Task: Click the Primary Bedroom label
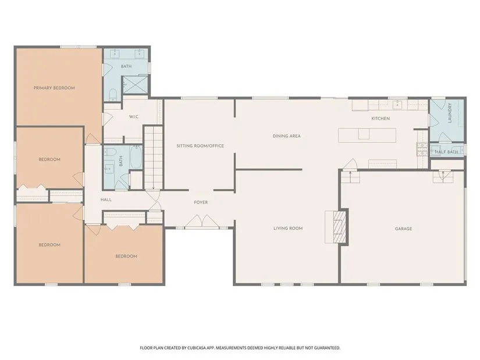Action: pos(54,88)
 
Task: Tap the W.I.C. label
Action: pos(134,117)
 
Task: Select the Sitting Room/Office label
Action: pos(200,146)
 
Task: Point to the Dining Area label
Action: pos(286,136)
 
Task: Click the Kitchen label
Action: pos(381,119)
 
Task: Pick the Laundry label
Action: pos(450,113)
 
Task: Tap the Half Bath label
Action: pos(446,152)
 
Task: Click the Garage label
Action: pos(403,229)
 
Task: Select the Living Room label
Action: pos(288,228)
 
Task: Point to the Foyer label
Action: pos(201,202)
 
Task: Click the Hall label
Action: pos(106,199)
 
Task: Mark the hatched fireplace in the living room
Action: pos(339,227)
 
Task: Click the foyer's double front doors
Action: pos(202,222)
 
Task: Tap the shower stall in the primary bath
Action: pos(135,84)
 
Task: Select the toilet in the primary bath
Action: pos(113,95)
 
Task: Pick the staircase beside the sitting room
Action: pos(154,158)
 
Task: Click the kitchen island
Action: pos(367,136)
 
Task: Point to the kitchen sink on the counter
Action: pos(397,104)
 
